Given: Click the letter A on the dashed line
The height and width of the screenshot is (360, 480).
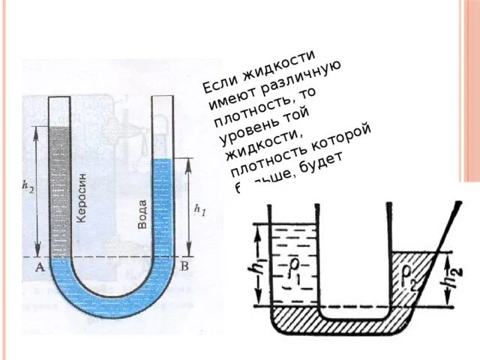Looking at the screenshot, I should [38, 266].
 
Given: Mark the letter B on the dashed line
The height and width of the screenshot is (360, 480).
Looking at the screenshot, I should [185, 265].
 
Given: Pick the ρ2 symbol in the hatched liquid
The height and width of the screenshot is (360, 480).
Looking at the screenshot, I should [412, 270].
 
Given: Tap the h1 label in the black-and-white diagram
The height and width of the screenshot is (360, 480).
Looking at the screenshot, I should [259, 264].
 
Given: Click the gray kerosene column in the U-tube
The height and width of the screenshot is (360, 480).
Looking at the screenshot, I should [60, 187].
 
